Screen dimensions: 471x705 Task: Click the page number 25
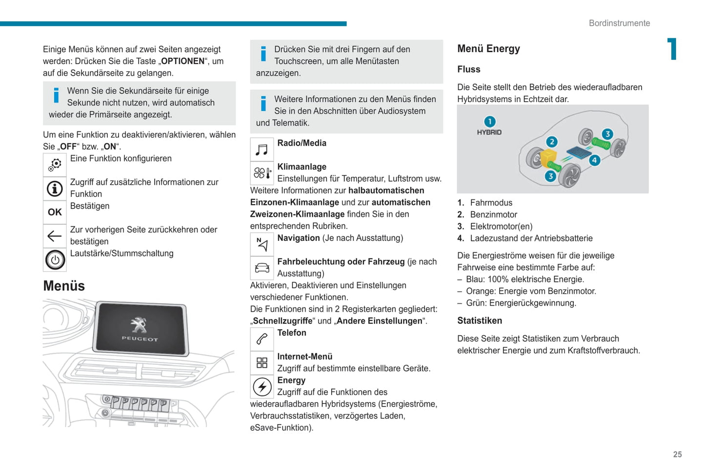[x=677, y=454]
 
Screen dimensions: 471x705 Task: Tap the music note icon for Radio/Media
[x=262, y=150]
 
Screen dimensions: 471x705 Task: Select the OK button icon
[x=55, y=212]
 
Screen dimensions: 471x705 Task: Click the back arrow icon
[x=55, y=236]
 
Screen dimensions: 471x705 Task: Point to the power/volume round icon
[x=55, y=260]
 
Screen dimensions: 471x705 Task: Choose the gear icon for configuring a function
[x=55, y=165]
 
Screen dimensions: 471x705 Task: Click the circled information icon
[x=55, y=189]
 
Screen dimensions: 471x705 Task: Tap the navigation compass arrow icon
[x=262, y=244]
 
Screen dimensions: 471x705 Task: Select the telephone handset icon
[x=262, y=339]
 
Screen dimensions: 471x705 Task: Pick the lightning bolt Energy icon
[x=262, y=387]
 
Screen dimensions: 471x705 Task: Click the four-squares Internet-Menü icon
[x=262, y=363]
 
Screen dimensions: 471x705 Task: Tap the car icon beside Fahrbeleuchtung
[x=262, y=268]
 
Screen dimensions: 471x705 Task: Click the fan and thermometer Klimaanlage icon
[x=262, y=173]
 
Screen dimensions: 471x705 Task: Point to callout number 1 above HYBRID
[x=489, y=122]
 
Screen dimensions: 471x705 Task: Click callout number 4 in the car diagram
[x=594, y=160]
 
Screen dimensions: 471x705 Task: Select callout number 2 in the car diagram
[x=551, y=142]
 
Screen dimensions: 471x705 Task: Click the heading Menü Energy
[x=488, y=49]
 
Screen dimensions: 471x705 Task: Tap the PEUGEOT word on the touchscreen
[x=140, y=339]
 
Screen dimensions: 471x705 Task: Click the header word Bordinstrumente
[x=619, y=23]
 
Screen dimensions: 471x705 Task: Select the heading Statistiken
[x=479, y=321]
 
